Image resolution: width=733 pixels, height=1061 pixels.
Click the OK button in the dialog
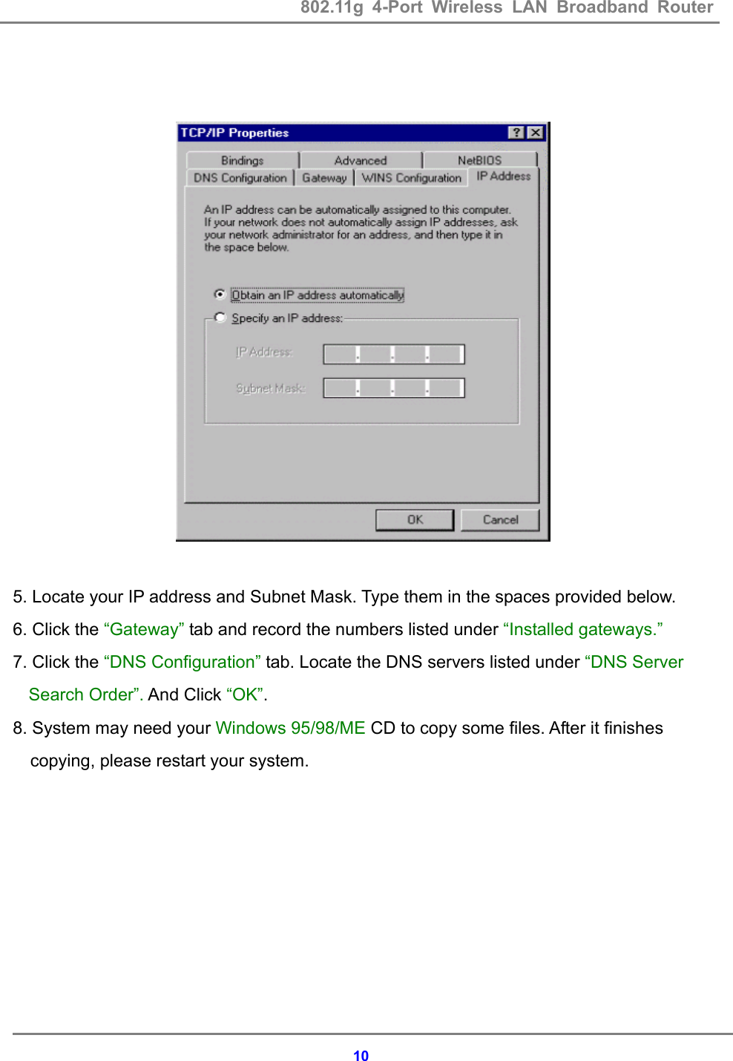point(414,519)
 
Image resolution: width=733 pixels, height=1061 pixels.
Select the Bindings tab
point(242,160)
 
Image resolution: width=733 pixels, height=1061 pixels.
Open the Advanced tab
point(361,160)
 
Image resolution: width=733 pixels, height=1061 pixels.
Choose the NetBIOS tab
point(479,160)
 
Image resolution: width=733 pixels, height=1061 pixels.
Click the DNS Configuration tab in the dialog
point(240,178)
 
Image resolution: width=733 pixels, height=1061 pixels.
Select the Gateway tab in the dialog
point(324,178)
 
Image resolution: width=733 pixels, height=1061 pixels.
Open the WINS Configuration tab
point(411,178)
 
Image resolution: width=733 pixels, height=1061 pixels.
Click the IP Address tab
point(503,176)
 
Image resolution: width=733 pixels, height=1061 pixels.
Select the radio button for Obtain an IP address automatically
point(220,295)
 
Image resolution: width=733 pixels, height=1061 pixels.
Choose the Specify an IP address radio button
point(220,318)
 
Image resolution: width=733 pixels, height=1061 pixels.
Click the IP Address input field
point(393,354)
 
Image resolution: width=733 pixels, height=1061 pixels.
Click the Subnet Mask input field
point(393,388)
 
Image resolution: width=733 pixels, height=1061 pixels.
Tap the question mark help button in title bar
point(516,133)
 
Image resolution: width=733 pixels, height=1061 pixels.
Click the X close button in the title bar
point(536,133)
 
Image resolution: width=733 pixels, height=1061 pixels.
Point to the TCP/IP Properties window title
point(234,133)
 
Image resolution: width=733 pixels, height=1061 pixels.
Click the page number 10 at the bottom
point(361,1056)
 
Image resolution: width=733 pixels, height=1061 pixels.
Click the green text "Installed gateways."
point(582,629)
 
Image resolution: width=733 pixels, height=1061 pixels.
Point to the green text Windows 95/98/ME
point(290,728)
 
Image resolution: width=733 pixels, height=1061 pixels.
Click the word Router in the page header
point(685,7)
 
